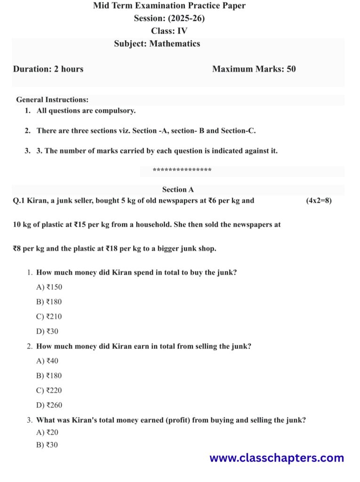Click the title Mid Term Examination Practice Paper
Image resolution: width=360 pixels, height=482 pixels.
tap(169, 6)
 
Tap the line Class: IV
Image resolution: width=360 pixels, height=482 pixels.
tap(169, 31)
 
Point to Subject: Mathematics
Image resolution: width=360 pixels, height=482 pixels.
tap(157, 44)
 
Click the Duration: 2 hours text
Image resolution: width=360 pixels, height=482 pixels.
tap(48, 69)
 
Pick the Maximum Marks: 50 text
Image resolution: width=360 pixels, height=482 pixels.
tap(254, 69)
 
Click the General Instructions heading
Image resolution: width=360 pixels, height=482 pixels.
tap(52, 100)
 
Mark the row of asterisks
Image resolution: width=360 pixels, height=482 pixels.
tap(182, 171)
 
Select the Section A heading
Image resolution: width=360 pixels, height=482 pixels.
tap(178, 190)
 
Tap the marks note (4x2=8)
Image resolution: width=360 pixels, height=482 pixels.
tap(319, 201)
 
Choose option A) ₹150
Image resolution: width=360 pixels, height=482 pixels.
tap(49, 287)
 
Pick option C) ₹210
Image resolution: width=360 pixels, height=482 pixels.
tap(49, 317)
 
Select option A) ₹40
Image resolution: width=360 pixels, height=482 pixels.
tap(47, 361)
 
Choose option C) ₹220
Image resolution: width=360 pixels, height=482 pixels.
tap(49, 391)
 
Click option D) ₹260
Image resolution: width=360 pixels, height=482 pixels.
tap(49, 405)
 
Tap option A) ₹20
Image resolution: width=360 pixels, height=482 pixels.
tap(47, 433)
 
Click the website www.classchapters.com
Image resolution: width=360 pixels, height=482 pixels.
tap(276, 458)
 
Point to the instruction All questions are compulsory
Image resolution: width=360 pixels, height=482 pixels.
tap(86, 111)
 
